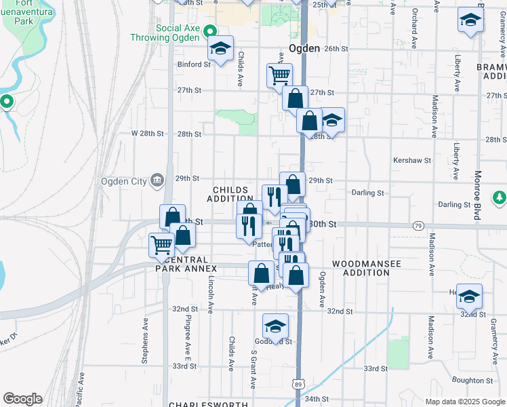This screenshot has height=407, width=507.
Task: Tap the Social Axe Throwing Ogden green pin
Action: click(x=210, y=31)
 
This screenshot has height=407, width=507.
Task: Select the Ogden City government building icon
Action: click(x=157, y=180)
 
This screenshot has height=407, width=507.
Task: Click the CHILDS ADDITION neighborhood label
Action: click(x=235, y=194)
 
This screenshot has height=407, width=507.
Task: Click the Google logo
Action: click(x=22, y=398)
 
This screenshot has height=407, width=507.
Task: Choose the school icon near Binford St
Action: click(x=220, y=48)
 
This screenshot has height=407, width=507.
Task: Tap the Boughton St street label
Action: click(x=468, y=381)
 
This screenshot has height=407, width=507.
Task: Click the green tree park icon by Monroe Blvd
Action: click(x=499, y=197)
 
